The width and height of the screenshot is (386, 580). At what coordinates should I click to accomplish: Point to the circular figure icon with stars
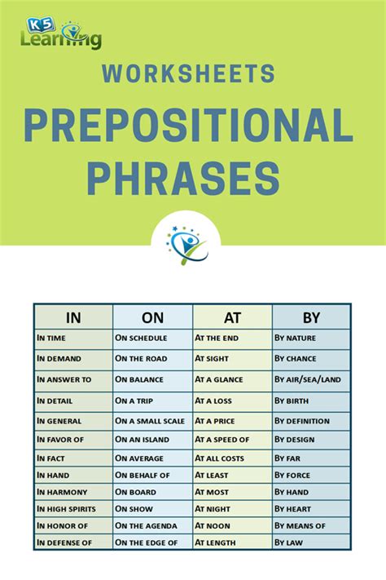(x=186, y=243)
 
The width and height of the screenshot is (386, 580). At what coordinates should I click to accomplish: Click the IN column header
(x=73, y=317)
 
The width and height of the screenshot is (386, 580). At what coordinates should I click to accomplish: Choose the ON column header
(x=153, y=317)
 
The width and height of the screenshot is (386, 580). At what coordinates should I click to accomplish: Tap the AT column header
(x=232, y=317)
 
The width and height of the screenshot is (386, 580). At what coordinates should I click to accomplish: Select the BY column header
(x=311, y=317)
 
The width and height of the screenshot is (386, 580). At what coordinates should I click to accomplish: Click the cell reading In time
(x=53, y=338)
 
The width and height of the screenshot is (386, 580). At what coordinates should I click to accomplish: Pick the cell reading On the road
(x=142, y=358)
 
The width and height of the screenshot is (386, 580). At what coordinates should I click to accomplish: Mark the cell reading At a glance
(x=220, y=379)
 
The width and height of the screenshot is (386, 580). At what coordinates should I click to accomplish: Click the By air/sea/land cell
(x=307, y=379)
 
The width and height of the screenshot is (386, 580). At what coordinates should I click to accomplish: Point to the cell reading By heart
(x=292, y=507)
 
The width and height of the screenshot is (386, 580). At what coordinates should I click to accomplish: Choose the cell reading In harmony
(x=63, y=492)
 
